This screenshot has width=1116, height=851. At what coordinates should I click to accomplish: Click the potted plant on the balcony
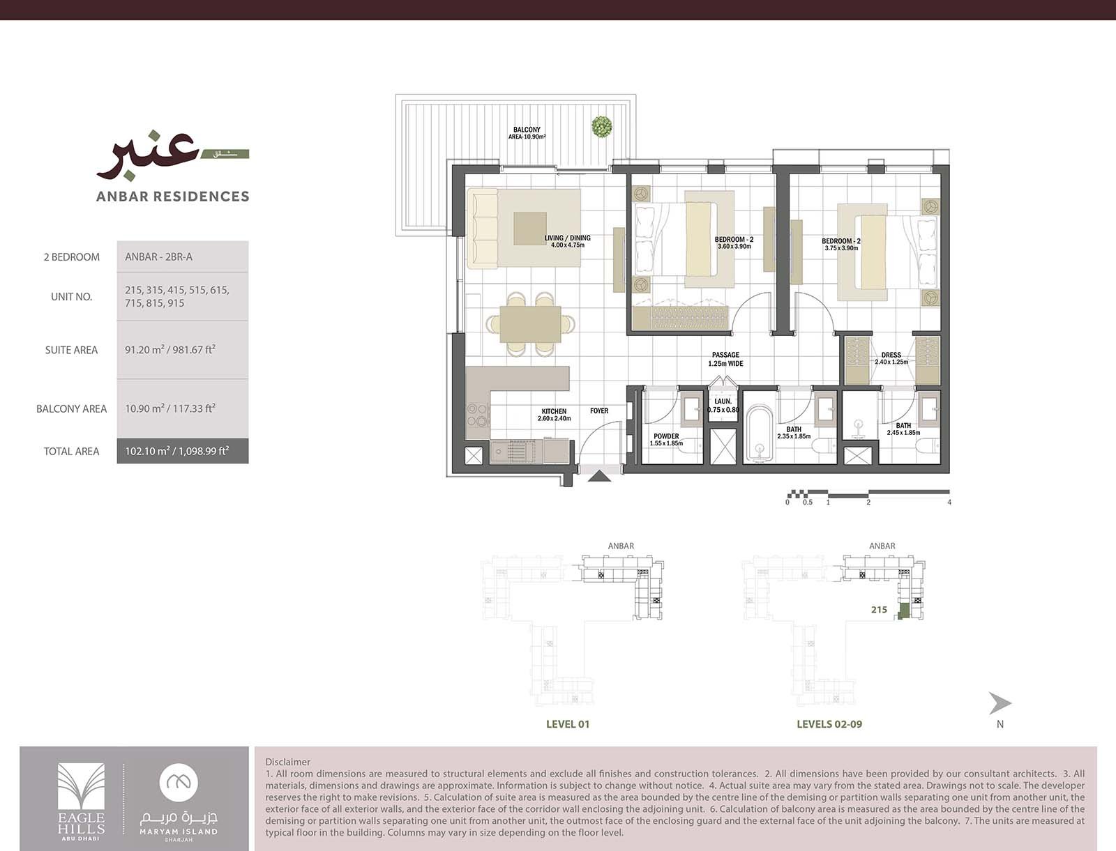[601, 126]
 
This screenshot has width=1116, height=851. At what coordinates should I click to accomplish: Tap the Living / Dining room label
[567, 241]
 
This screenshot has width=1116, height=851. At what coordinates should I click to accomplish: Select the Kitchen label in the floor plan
[555, 415]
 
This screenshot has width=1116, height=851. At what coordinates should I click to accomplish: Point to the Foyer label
[599, 411]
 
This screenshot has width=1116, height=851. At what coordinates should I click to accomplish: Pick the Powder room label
[666, 440]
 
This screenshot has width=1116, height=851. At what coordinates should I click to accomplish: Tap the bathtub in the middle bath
[760, 434]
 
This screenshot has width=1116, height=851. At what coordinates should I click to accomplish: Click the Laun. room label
[723, 405]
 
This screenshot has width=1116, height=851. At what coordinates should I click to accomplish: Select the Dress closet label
[891, 358]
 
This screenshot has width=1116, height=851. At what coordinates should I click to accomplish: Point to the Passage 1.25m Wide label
[725, 359]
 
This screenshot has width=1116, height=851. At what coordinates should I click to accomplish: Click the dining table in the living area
[530, 324]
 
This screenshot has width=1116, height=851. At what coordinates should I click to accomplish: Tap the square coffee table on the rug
[530, 229]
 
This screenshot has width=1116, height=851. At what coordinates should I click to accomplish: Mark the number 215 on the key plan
[879, 610]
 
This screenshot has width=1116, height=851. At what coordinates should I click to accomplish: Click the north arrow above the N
[1000, 703]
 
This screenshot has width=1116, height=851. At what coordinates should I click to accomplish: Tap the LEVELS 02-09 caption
[829, 724]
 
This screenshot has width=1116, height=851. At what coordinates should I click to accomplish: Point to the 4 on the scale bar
[949, 502]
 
